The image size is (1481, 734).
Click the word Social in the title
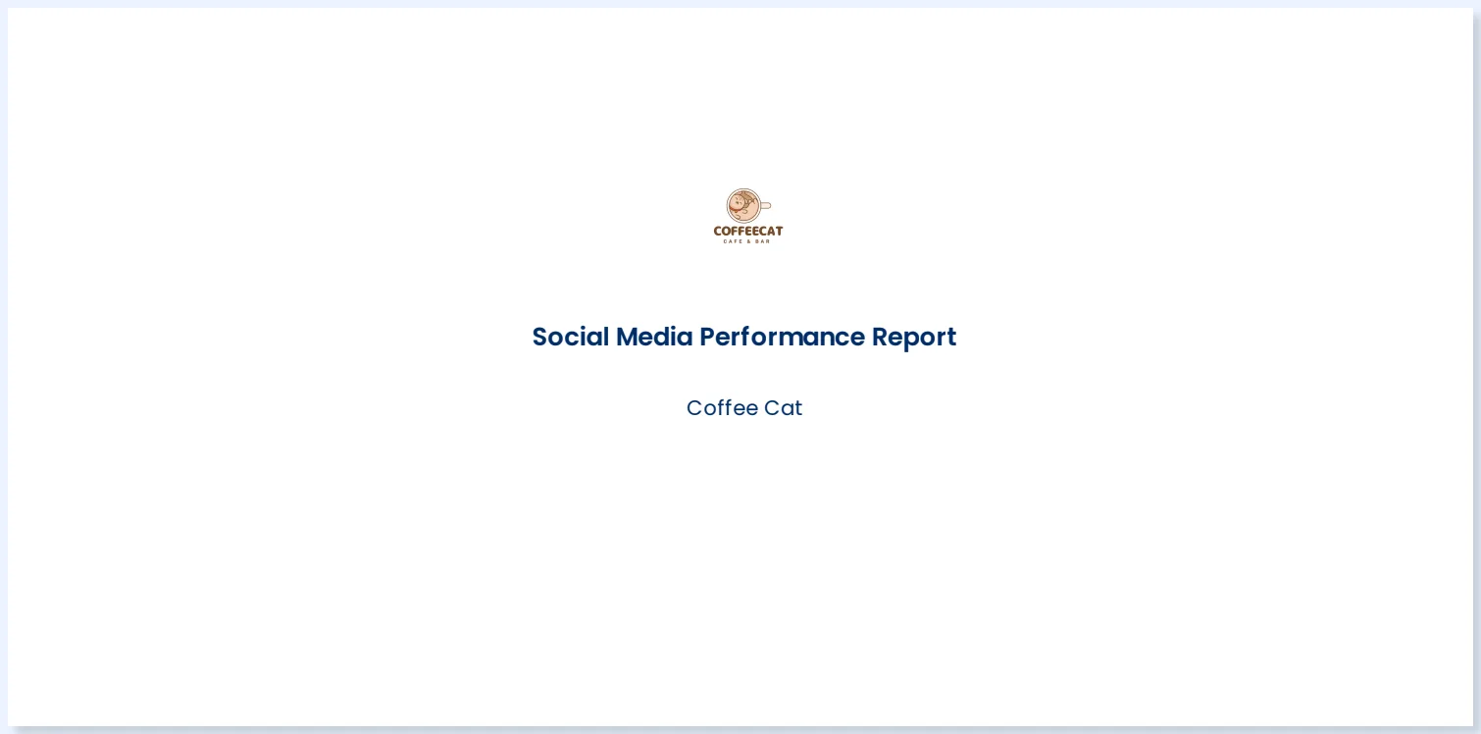[x=570, y=337]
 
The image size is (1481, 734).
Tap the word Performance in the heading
[x=782, y=337]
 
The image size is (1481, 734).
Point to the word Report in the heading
[x=913, y=337]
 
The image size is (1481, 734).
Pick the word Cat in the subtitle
[x=784, y=408]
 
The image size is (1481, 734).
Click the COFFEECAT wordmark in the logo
[x=747, y=231]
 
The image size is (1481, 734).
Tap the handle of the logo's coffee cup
[x=766, y=206]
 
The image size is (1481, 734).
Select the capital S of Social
[x=539, y=337]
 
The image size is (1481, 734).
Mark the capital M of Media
[x=627, y=337]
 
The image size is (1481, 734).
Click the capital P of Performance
[x=706, y=337]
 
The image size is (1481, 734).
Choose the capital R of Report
[x=880, y=337]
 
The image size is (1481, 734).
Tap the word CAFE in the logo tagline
[x=732, y=241]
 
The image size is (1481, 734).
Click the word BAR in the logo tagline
[x=763, y=241]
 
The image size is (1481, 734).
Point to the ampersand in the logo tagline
[x=748, y=241]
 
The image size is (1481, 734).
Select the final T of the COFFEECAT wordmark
[x=779, y=231]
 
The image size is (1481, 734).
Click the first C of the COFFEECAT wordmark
[x=717, y=231]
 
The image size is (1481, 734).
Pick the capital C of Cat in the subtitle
[x=772, y=408]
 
